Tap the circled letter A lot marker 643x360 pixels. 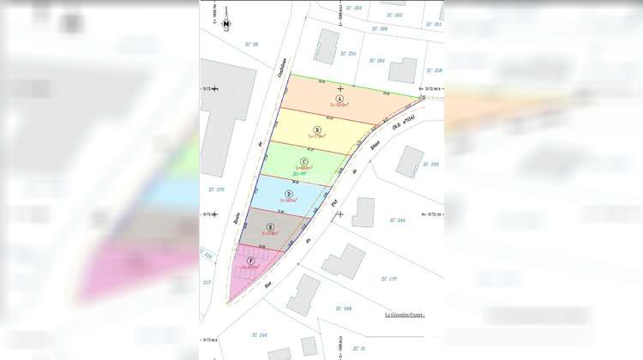pyautogui.click(x=340, y=99)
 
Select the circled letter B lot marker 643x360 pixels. pyautogui.click(x=317, y=129)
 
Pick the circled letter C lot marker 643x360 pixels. pyautogui.click(x=304, y=160)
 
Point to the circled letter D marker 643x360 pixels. pyautogui.click(x=290, y=194)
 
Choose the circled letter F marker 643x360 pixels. pyautogui.click(x=250, y=260)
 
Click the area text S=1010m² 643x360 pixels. pyautogui.click(x=342, y=107)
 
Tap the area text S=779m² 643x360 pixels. pyautogui.click(x=318, y=136)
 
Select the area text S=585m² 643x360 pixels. pyautogui.click(x=290, y=201)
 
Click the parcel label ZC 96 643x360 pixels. pyautogui.click(x=251, y=44)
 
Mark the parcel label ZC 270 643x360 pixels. pyautogui.click(x=216, y=189)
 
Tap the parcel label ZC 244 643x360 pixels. pyautogui.click(x=397, y=220)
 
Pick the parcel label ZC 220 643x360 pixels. pyautogui.click(x=431, y=164)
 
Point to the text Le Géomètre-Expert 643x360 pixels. pyautogui.click(x=405, y=315)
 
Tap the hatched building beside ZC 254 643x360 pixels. pyautogui.click(x=325, y=45)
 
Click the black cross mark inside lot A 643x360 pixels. pyautogui.click(x=341, y=88)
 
